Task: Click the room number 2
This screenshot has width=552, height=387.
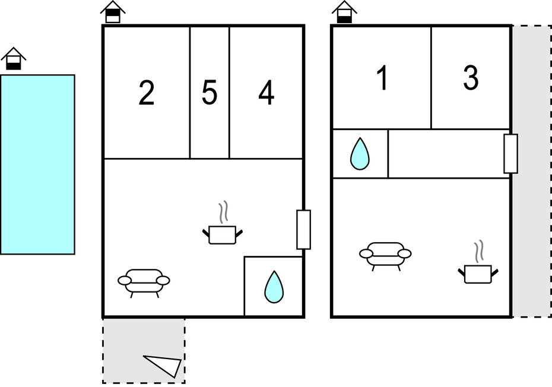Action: tap(147, 93)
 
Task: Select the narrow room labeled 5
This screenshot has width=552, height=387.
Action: tap(210, 92)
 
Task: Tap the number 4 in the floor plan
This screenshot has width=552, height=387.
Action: tap(266, 93)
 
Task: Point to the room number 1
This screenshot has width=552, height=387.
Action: tap(382, 78)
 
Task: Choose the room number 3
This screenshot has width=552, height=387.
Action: tap(471, 78)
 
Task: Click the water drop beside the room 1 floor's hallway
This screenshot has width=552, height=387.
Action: tap(360, 154)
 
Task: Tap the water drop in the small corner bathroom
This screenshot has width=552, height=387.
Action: tap(274, 287)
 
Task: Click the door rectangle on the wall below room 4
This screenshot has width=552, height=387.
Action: tap(303, 230)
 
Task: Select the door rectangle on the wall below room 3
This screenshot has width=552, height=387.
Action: tap(510, 154)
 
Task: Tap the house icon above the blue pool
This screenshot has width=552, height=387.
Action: tap(14, 58)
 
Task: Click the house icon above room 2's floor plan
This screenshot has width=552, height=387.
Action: tap(113, 12)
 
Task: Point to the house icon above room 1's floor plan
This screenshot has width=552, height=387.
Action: tap(344, 12)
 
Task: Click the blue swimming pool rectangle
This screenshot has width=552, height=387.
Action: tap(37, 164)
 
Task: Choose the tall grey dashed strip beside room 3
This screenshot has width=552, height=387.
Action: tap(532, 171)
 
